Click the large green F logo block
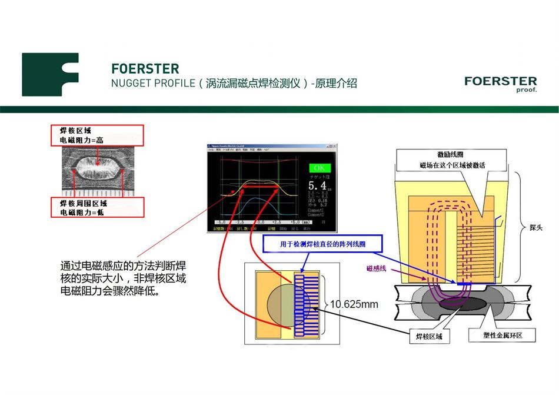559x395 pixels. coord(50,75)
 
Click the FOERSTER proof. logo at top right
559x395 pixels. coord(500,84)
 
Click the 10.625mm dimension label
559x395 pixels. coord(354,304)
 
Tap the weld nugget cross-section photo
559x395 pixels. coord(98,171)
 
